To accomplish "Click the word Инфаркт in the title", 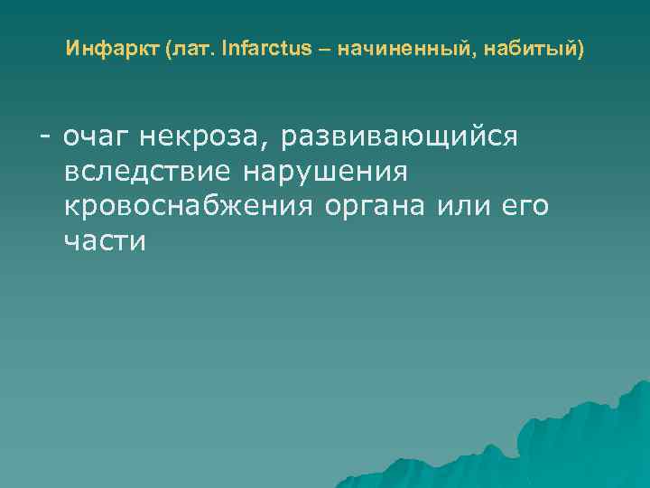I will point(113,47).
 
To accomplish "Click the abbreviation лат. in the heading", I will point(191,47).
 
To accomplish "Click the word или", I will point(466,207).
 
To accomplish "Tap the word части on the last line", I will point(105,241).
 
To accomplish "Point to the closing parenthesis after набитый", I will point(580,48).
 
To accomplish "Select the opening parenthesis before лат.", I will point(169,48).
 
